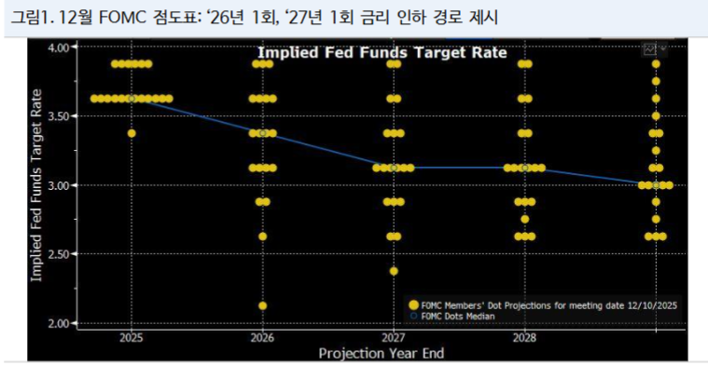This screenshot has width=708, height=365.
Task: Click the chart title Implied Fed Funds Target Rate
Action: pyautogui.click(x=382, y=53)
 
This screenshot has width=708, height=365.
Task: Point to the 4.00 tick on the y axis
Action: pyautogui.click(x=59, y=47)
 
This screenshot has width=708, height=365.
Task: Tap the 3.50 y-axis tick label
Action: pyautogui.click(x=59, y=115)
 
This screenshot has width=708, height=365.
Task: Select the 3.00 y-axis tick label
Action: pyautogui.click(x=59, y=185)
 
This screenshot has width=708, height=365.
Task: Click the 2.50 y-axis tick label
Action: pyautogui.click(x=59, y=254)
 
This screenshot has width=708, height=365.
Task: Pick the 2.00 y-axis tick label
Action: pyautogui.click(x=59, y=323)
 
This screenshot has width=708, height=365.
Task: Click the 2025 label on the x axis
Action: pyautogui.click(x=132, y=336)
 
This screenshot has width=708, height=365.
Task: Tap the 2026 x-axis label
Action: pyautogui.click(x=263, y=336)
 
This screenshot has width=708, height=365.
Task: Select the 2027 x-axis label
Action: pyautogui.click(x=394, y=336)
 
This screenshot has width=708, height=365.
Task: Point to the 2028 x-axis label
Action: pyautogui.click(x=524, y=336)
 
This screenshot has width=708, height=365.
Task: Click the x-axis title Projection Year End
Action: pyautogui.click(x=382, y=353)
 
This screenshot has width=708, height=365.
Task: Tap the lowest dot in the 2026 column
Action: pyautogui.click(x=263, y=305)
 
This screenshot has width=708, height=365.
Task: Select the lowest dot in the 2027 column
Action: pyautogui.click(x=394, y=271)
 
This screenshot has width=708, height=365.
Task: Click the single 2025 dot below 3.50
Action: pyautogui.click(x=132, y=133)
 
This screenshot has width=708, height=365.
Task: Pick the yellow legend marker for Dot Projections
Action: pyautogui.click(x=412, y=304)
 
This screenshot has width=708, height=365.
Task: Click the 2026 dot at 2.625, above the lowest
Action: pyautogui.click(x=263, y=237)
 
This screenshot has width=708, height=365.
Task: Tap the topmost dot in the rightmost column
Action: pyautogui.click(x=656, y=64)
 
